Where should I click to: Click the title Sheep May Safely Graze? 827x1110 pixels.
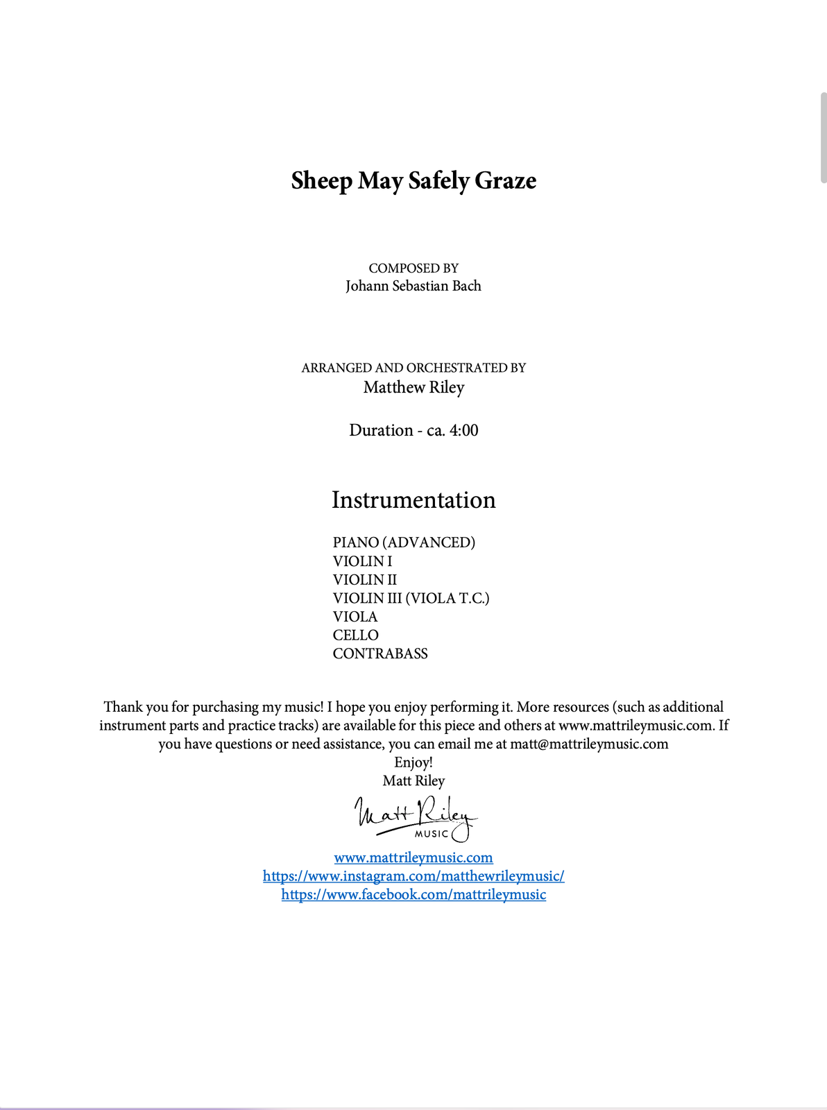(x=413, y=180)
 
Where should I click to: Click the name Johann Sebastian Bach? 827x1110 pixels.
(x=413, y=286)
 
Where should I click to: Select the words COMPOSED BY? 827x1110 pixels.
(x=413, y=268)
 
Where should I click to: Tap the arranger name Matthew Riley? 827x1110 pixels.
(x=413, y=387)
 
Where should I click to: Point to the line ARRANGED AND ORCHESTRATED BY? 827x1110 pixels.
(x=413, y=368)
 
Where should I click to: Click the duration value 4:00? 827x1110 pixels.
(x=463, y=430)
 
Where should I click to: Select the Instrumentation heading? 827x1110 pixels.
(x=413, y=500)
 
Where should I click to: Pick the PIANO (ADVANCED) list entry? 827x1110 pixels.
(x=404, y=543)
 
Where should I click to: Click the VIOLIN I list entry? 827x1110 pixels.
(x=362, y=561)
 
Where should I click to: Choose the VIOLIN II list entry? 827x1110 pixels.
(x=365, y=580)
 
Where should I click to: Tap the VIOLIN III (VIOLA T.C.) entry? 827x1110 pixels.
(x=411, y=598)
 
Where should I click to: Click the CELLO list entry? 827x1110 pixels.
(x=355, y=635)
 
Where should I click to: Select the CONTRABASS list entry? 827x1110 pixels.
(x=380, y=654)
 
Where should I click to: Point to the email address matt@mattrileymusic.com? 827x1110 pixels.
(x=589, y=744)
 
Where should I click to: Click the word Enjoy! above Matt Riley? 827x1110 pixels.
(x=413, y=762)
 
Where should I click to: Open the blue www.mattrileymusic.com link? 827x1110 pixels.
(x=413, y=857)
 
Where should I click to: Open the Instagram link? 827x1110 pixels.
(x=413, y=876)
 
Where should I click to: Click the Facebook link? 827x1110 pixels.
(x=413, y=895)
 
